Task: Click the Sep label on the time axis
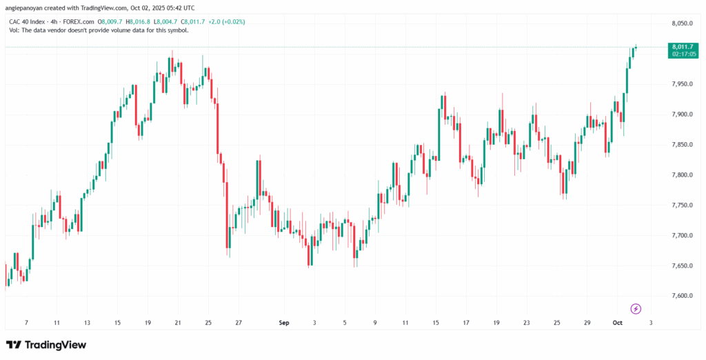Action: coord(282,321)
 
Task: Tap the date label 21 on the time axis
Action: coord(178,321)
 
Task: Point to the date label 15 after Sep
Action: coord(436,321)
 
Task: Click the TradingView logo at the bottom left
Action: coord(46,345)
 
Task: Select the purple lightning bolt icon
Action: coord(636,308)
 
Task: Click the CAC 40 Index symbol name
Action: coord(28,21)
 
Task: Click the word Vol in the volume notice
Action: coord(14,30)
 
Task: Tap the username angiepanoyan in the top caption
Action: coord(28,8)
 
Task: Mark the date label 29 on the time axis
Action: coord(588,321)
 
